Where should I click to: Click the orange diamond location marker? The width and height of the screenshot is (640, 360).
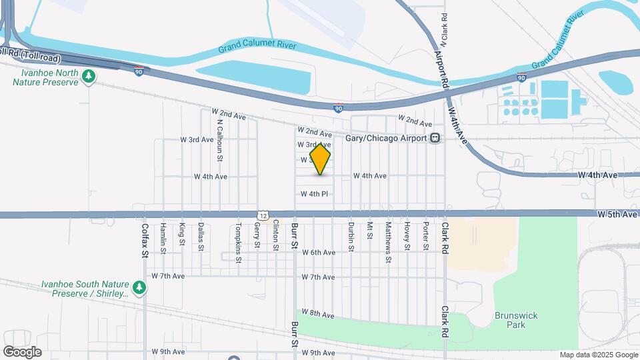(321, 159)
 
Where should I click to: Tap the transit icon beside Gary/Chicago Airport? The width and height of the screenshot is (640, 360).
(435, 138)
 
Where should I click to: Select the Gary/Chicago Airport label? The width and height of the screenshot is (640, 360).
(386, 138)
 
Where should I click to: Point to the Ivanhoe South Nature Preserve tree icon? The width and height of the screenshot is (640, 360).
(139, 287)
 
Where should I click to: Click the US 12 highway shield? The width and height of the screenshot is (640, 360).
(264, 215)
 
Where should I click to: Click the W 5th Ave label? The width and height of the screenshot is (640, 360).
(617, 214)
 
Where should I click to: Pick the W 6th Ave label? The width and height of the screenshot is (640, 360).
(318, 253)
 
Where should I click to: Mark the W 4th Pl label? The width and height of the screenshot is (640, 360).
(315, 194)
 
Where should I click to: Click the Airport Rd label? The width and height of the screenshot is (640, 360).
(439, 69)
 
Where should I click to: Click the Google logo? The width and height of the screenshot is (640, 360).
(22, 351)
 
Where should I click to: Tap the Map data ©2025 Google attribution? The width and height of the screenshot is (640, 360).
(598, 355)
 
